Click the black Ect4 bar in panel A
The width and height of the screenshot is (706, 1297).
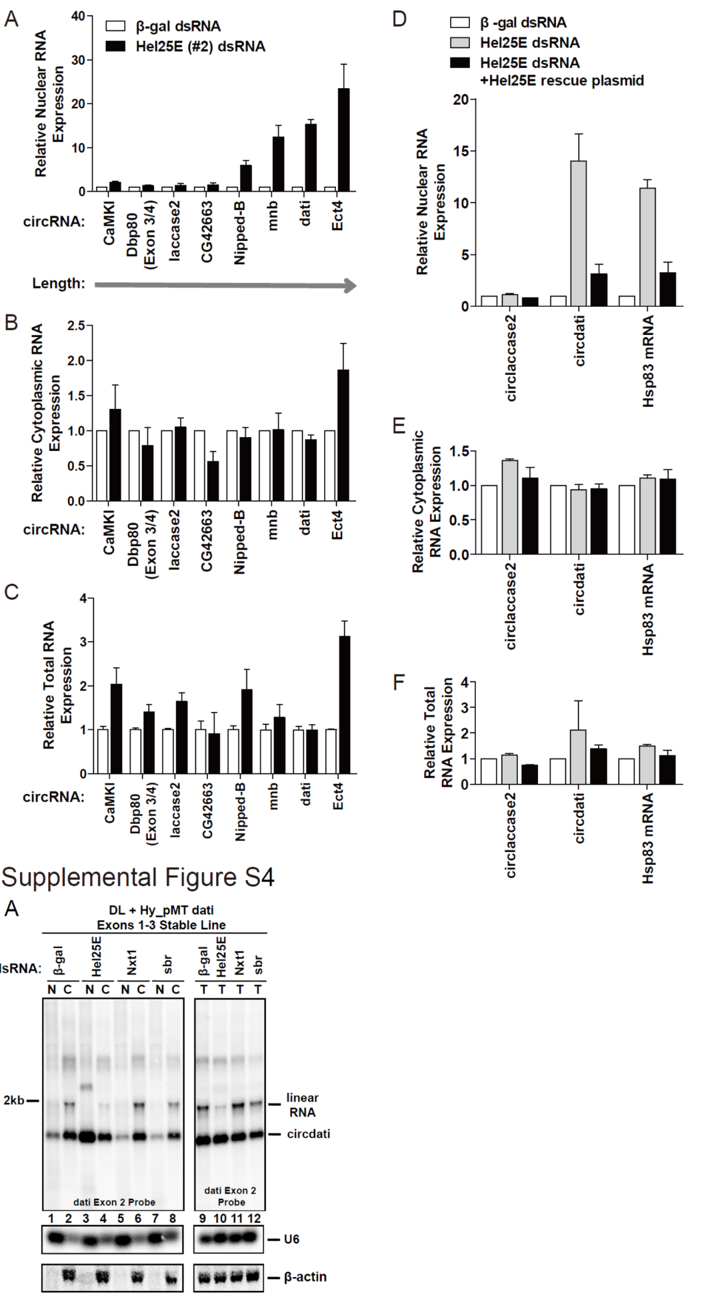tap(343, 140)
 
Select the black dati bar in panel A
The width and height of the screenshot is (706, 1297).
tap(311, 157)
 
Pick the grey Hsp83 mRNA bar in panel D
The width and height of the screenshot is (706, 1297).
tap(647, 247)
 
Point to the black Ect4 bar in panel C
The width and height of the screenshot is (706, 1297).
tap(344, 705)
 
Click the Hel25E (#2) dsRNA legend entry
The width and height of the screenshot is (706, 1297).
tap(200, 46)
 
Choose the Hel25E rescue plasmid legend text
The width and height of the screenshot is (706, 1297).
tap(561, 81)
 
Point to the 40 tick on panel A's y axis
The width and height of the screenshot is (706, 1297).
tap(79, 16)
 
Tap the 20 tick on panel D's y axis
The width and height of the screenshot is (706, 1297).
tap(461, 99)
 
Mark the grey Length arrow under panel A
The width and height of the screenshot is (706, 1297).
tap(225, 286)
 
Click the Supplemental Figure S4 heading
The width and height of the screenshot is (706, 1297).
tap(138, 877)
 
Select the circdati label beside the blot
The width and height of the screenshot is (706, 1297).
tap(309, 1134)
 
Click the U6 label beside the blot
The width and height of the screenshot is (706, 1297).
tap(291, 1239)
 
